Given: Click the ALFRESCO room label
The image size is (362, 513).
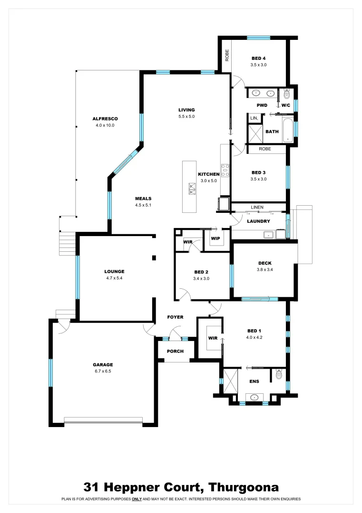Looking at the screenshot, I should tap(105, 119).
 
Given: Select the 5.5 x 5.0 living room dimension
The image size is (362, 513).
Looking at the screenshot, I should tap(186, 116).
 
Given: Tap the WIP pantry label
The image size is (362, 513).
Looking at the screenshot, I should tap(215, 238).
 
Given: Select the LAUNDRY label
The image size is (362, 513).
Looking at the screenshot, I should tap(259, 221).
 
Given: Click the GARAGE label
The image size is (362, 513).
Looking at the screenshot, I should tap(103, 365).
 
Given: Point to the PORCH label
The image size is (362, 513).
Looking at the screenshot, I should tap(175, 351).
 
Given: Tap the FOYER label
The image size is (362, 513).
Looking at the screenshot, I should tap(175, 317).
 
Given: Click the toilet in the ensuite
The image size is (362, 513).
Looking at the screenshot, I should tap(279, 375).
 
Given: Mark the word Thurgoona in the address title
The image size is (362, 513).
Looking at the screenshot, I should tap(244, 487).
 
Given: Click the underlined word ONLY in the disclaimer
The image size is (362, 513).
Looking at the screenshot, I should tap(137, 499).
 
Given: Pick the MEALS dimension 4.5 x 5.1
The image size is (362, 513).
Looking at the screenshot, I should tap(143, 205).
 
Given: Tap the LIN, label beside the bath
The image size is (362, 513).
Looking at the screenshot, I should tap(254, 118).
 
